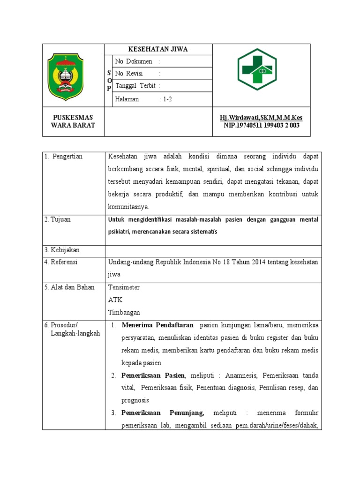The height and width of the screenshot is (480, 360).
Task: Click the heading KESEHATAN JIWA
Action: pos(158,49)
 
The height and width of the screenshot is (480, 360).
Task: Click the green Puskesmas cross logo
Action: pos(256,69)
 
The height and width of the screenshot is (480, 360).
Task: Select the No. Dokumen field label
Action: pos(134,61)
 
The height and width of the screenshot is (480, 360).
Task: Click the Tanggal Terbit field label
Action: pos(135,86)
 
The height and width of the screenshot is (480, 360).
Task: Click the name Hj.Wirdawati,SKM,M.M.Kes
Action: pos(261,117)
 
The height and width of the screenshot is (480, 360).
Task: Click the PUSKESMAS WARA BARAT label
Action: pos(73,121)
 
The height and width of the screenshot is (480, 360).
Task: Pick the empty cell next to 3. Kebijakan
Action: pos(213,251)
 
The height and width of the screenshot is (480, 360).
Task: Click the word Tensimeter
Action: pos(124,287)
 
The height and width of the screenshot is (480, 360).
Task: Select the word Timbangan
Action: pos(124,312)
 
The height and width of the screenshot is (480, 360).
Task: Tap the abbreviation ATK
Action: pos(115,300)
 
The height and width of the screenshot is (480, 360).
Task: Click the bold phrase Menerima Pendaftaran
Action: pos(157,325)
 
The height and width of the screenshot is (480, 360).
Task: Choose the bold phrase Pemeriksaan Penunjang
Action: pos(162,413)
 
